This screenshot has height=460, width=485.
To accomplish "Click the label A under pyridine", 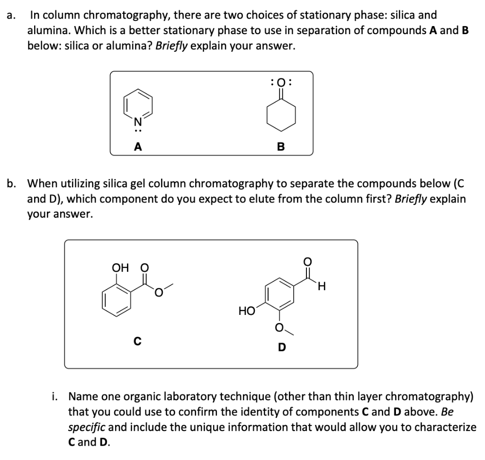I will coord(138,147).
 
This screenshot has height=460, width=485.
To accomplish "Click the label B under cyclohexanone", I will coord(280,147).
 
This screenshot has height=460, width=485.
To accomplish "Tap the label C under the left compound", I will coord(136,340).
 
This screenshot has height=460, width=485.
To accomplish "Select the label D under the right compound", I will coord(282,348).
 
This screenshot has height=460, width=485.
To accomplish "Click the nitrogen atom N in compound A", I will coord(137,121).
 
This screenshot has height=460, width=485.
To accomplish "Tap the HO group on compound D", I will coord(247,311).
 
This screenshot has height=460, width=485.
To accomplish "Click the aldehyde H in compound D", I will coord(322,286).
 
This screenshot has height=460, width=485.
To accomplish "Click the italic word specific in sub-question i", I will coord(87,427).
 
